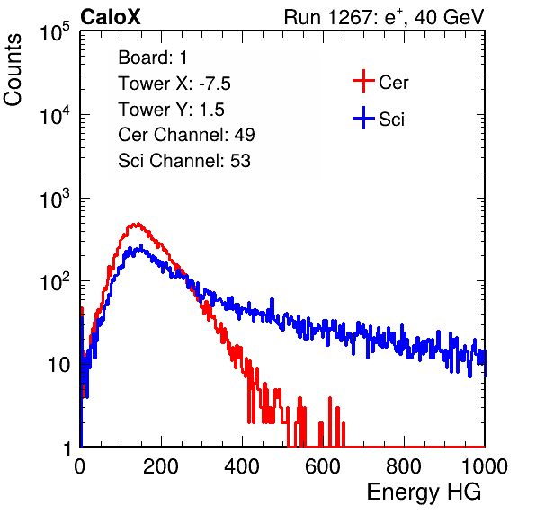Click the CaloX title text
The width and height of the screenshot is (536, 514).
111,17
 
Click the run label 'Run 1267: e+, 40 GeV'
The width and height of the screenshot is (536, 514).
384,17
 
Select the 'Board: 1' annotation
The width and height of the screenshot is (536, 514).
153,58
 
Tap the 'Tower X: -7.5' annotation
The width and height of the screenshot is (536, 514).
174,84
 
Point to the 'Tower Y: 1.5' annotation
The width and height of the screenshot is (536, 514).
171,110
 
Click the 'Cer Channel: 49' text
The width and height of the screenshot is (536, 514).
186,135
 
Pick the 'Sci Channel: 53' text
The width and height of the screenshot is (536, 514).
184,160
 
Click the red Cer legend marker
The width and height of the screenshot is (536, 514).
363,81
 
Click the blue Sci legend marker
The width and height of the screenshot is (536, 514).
363,118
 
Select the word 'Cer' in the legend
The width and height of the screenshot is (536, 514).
393,83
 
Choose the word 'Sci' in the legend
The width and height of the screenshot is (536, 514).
392,120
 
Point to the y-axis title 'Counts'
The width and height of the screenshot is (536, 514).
13,70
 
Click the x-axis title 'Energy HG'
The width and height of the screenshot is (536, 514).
424,492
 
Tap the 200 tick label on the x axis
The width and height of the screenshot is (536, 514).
161,466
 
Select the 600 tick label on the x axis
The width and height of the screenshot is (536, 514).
323,466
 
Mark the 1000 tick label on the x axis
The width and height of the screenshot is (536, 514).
485,466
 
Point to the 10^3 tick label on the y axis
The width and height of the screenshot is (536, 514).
55,199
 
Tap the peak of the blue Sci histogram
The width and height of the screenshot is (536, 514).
141,246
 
